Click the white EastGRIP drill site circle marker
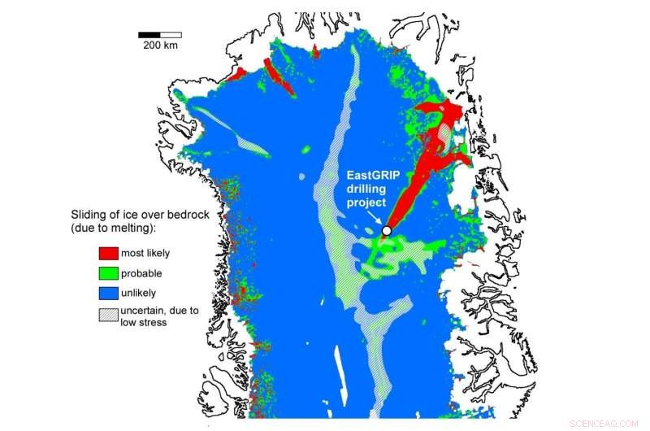coord(386,231)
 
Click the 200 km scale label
coord(160,46)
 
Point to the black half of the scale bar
coord(149,35)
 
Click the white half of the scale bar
coord(171,35)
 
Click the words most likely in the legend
coord(145,253)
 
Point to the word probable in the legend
coord(142,273)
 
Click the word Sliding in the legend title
coord(89,215)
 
